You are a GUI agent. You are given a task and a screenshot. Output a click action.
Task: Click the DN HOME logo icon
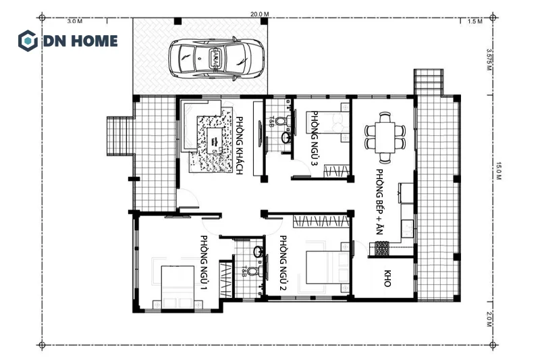tap(28, 40)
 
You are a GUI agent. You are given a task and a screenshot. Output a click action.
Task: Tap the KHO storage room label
tap(387, 279)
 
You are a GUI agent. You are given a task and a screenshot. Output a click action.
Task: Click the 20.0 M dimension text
tap(259, 14)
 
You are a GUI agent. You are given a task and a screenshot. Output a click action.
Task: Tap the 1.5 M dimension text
tap(475, 22)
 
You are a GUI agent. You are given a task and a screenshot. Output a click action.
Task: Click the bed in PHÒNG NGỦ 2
tap(325, 267)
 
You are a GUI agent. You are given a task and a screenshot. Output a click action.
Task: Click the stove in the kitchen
tap(381, 248)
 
